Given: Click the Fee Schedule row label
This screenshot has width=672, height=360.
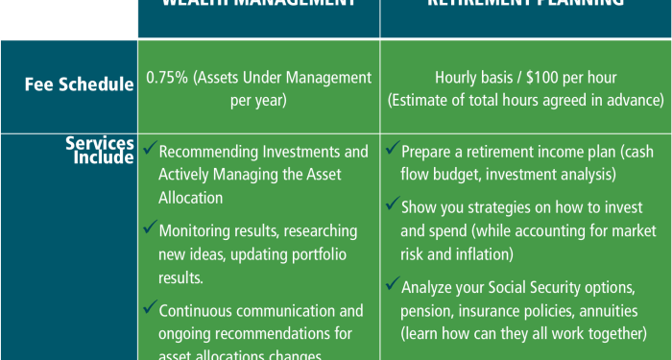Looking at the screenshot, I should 80,84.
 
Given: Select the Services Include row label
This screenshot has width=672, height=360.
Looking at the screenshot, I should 99,151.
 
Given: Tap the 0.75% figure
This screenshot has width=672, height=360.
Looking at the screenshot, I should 165,77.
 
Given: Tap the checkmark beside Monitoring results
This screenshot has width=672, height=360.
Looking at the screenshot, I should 150,229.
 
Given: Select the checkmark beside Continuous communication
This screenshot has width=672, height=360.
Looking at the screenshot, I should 150,308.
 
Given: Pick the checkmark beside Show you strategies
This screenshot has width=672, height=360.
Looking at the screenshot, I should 393,205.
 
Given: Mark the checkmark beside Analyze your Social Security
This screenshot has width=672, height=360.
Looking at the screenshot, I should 393,284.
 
